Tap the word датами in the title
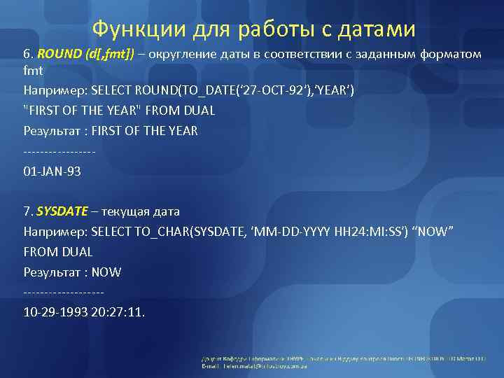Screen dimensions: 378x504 [377, 29]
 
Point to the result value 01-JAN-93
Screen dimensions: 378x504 [52, 171]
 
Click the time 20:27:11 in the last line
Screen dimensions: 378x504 [118, 312]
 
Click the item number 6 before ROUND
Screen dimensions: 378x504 [27, 55]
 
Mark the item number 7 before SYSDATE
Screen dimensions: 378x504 [27, 211]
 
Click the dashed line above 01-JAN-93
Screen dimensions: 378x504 [59, 151]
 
